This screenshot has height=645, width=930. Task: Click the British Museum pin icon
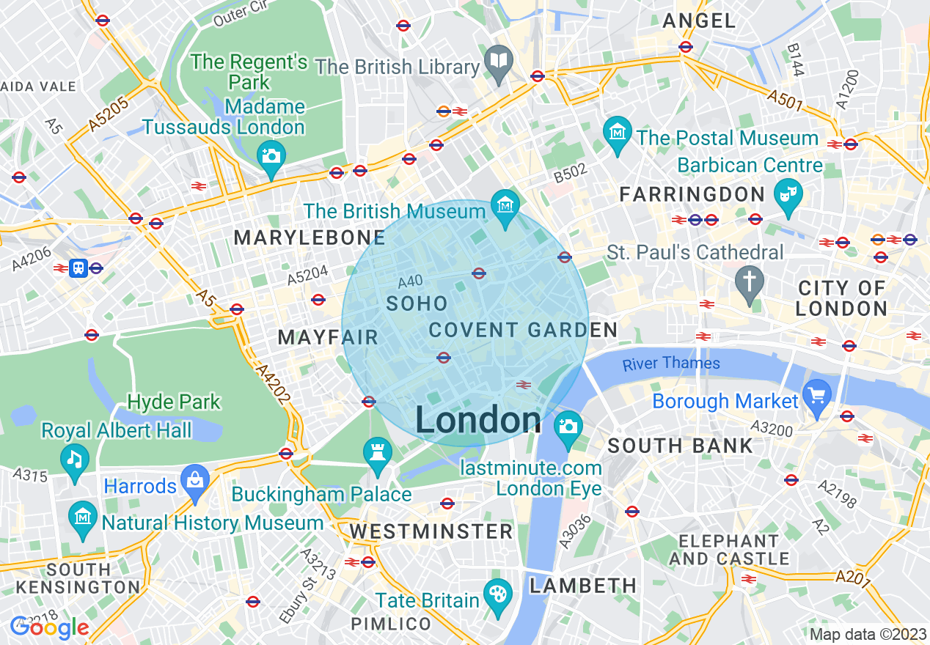(505, 204)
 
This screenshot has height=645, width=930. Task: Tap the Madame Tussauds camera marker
(271, 156)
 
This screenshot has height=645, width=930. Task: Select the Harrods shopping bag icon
(195, 481)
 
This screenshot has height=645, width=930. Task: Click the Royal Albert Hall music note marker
(74, 460)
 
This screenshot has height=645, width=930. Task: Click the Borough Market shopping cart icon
(817, 395)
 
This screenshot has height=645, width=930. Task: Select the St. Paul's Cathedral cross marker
(749, 281)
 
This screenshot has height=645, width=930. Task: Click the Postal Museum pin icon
(618, 133)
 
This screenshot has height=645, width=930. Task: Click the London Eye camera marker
(567, 427)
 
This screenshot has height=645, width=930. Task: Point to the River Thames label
(671, 364)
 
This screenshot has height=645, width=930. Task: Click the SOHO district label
(417, 303)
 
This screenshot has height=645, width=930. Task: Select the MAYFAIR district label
(328, 337)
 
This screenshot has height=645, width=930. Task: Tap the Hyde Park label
(174, 402)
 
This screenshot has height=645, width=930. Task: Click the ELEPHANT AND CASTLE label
(728, 550)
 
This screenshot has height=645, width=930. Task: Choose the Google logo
(50, 627)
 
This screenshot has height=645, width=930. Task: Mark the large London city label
(478, 421)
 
